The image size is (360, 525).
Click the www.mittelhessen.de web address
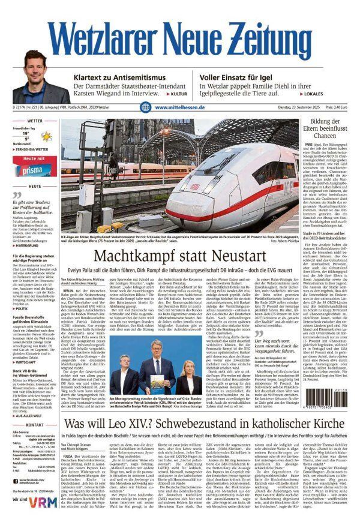[x=180, y=107]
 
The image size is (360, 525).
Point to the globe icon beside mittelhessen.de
[x=146, y=107]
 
